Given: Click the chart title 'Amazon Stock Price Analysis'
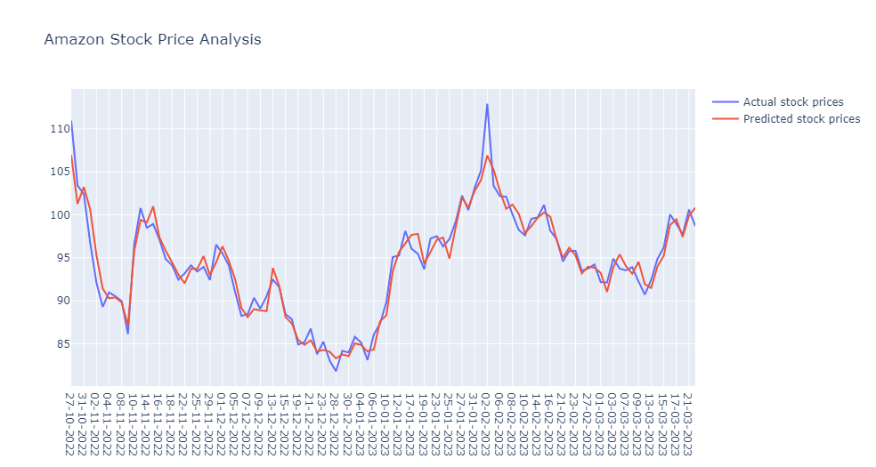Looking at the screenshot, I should [x=152, y=39].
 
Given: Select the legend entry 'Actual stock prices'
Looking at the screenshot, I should [x=793, y=102].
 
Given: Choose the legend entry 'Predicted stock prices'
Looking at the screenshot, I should [x=801, y=119].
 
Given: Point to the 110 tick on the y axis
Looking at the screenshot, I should [x=59, y=129].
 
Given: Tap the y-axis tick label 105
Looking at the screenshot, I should [x=59, y=172].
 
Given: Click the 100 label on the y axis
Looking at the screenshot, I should [x=59, y=215].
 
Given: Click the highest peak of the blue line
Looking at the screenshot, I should [x=487, y=104].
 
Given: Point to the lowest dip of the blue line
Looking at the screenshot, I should [x=336, y=370].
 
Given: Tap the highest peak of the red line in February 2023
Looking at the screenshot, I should [x=487, y=156].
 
